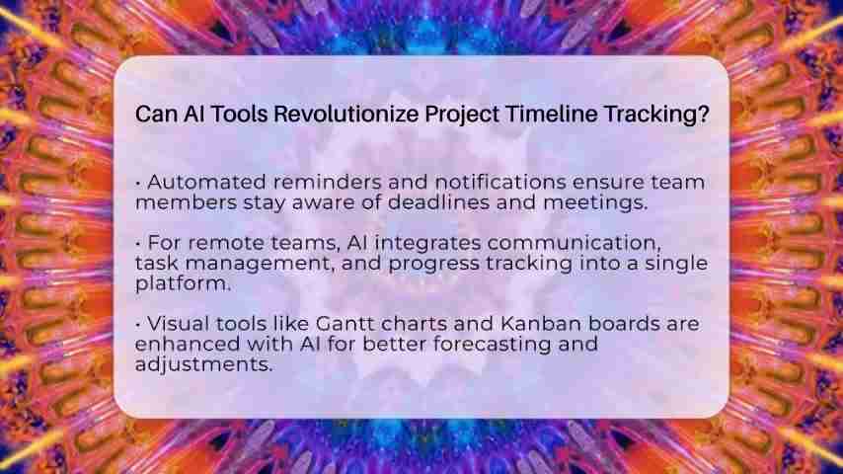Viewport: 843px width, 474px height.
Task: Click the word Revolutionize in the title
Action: pos(346,115)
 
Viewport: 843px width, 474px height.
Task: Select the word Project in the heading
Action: pos(462,116)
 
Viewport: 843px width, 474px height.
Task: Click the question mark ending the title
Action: pos(704,115)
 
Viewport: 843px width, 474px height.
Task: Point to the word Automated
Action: pos(206,182)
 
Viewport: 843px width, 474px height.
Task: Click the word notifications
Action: pos(500,182)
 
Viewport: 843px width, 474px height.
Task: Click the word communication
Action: pos(574,243)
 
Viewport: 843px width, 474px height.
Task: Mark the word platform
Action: pos(183,283)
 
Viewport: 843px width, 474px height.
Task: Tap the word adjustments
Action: pos(203,364)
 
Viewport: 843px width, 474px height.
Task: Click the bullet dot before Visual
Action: pos(138,325)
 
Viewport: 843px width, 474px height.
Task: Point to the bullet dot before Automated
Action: pos(138,183)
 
